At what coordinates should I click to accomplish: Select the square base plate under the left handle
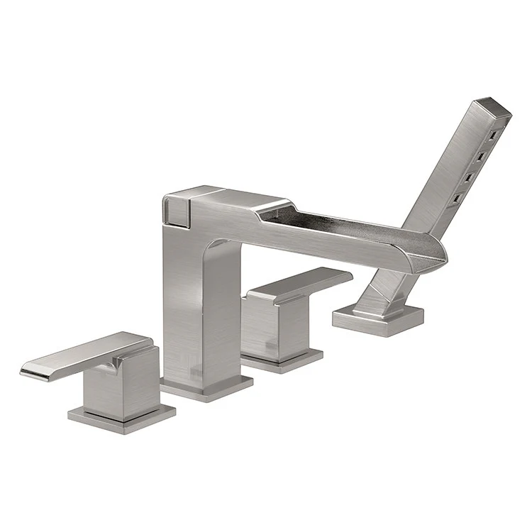pos(121,415)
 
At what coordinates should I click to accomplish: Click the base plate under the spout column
pos(206,385)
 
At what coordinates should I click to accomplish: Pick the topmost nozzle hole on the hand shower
pos(489,133)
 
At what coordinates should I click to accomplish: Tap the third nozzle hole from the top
pos(469,174)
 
